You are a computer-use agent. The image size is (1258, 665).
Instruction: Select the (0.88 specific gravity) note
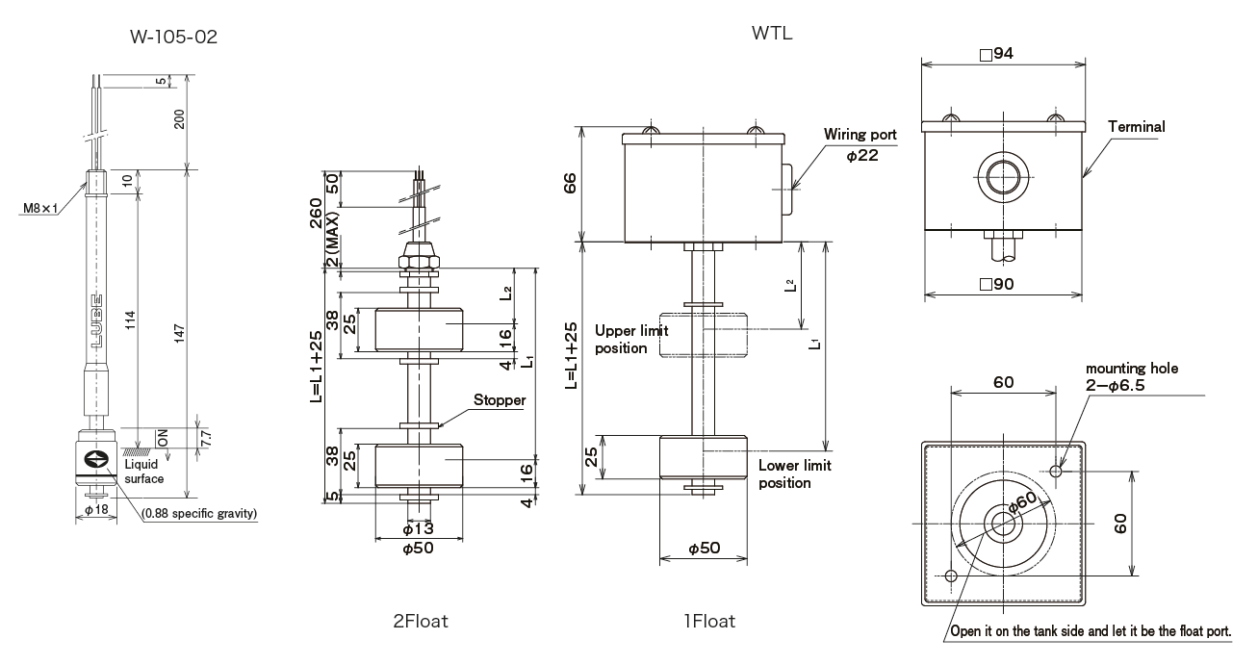tap(200, 514)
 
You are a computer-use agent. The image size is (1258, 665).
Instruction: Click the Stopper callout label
tap(498, 400)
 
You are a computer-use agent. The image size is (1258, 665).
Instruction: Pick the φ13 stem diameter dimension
tap(419, 528)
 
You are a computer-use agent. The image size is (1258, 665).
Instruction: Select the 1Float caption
tap(704, 622)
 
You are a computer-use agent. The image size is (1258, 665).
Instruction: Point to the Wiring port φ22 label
tap(859, 145)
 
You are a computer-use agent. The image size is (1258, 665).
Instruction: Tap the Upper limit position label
tap(630, 339)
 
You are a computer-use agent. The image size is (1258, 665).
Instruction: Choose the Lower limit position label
tap(794, 473)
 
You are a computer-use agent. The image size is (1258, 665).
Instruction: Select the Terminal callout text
tap(1136, 126)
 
